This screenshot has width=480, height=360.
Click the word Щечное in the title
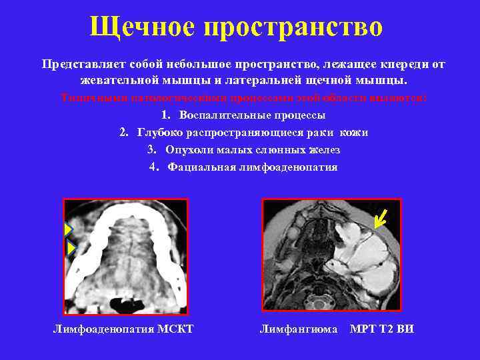[141, 27]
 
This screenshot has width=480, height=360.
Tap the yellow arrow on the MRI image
[381, 217]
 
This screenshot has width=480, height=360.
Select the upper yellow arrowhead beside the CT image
[68, 230]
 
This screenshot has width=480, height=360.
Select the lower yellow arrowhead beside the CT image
[71, 249]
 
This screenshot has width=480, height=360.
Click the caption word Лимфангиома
[298, 329]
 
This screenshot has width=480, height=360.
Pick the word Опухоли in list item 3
[187, 150]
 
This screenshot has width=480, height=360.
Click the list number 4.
[153, 167]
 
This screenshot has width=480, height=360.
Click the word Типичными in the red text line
[86, 98]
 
